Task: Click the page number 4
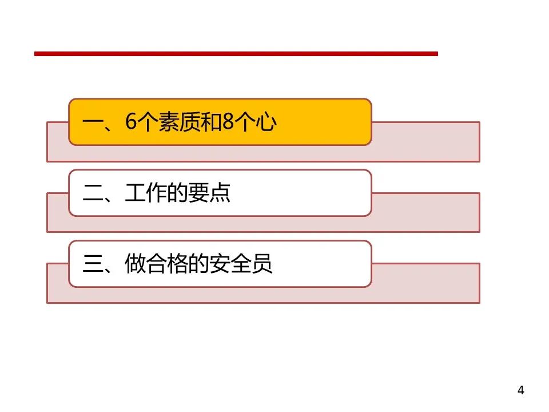point(520,391)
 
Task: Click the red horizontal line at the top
point(236,54)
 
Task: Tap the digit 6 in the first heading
point(132,123)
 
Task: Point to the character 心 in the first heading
point(266,123)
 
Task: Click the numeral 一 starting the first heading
point(93,123)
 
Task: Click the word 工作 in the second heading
point(146,193)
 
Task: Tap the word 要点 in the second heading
point(210,193)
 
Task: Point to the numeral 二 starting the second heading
point(93,193)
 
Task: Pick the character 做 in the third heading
point(135,264)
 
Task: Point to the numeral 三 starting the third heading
point(93,264)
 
